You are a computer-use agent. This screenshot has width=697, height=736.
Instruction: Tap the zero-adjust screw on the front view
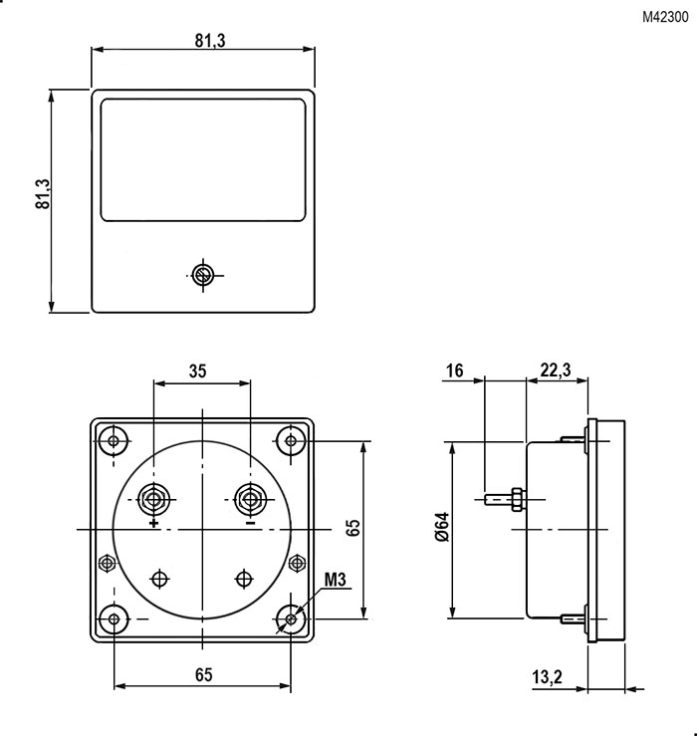pos(203,275)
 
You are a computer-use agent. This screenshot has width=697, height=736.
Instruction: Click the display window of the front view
pos(203,159)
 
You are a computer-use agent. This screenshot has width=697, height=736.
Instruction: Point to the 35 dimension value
pos(197,370)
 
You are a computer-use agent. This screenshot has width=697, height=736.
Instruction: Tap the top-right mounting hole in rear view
pos(291,440)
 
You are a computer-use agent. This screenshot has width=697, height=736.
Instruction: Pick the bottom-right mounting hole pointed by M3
pos(291,619)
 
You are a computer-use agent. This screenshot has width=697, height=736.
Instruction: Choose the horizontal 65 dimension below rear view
pos(202,674)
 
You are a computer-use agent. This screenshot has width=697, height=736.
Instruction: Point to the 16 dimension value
pos(455,370)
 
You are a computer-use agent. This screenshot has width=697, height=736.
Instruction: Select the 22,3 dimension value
pos(555,370)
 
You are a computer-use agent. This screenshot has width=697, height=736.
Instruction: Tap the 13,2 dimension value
pos(547,677)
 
